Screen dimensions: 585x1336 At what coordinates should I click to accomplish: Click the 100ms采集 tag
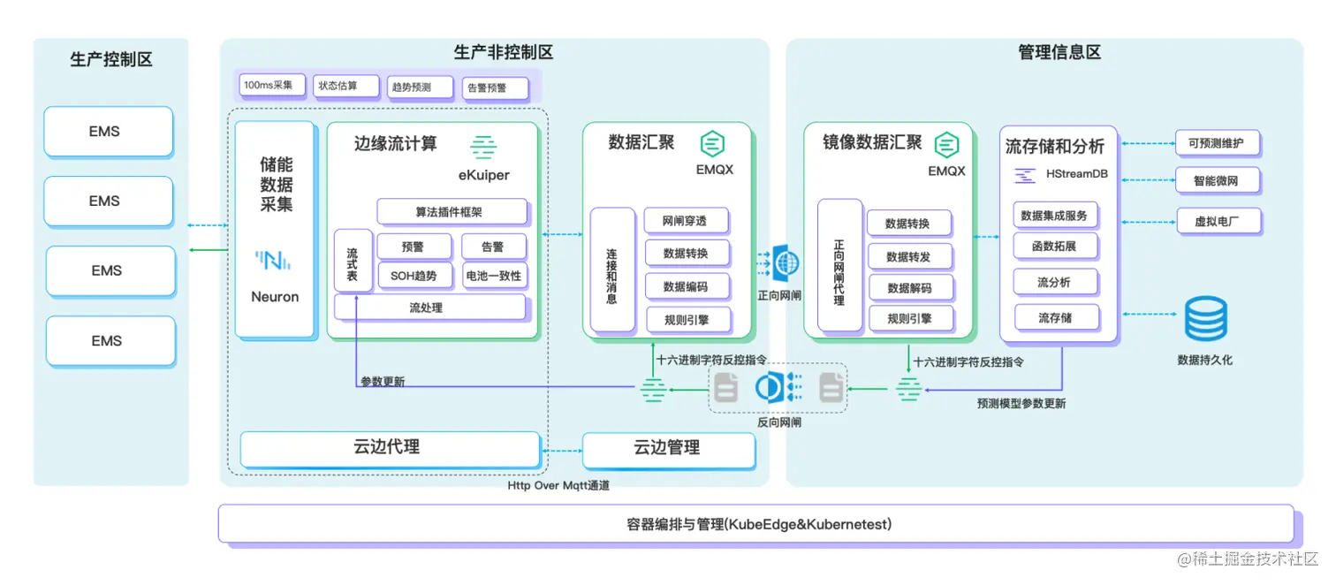coord(272,86)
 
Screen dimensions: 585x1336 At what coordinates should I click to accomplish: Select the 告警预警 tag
coord(495,87)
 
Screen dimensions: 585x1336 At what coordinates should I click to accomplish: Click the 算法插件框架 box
coord(452,212)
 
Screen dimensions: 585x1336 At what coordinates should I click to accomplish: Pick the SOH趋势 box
coord(414,276)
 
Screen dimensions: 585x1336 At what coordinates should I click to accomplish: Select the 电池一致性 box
coord(494,276)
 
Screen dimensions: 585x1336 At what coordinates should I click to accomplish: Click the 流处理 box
coord(429,308)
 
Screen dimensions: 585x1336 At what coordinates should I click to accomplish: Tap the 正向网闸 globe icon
coord(786,263)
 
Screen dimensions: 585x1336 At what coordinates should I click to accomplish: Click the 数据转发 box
coord(909,257)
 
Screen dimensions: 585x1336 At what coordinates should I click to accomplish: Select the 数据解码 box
coord(909,288)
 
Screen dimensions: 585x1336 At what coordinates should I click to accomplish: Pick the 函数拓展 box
coord(1054,247)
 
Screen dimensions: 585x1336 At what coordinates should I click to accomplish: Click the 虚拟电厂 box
coord(1217,221)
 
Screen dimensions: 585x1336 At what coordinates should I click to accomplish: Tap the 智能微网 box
coord(1217,181)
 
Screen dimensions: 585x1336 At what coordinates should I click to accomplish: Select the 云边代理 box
coord(389,448)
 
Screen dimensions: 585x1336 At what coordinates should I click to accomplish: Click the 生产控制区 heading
coord(111,60)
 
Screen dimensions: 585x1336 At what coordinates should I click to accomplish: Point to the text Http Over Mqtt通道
coord(558,485)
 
